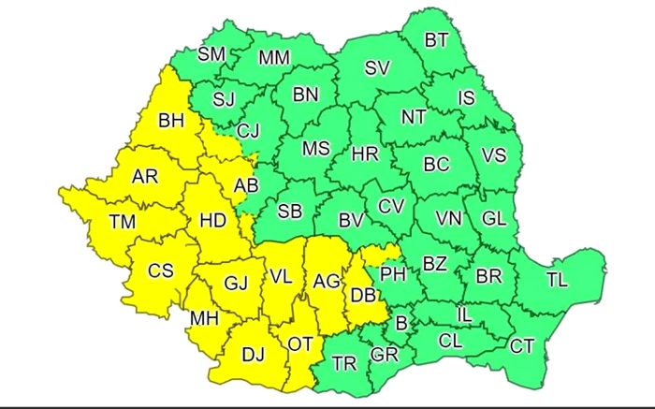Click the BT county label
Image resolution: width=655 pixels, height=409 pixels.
click(x=436, y=40)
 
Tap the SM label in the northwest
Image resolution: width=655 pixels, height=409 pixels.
click(x=211, y=54)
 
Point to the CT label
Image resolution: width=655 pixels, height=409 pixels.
click(x=522, y=346)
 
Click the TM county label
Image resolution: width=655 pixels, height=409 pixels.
click(x=122, y=222)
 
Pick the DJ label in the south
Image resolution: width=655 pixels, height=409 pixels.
click(x=253, y=355)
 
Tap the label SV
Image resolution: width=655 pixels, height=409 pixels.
click(x=376, y=67)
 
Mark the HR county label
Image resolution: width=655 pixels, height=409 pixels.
click(x=364, y=155)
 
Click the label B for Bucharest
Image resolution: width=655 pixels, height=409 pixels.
click(x=402, y=324)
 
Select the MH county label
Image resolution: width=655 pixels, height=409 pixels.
click(x=204, y=318)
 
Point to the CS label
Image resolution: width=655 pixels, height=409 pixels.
click(x=161, y=270)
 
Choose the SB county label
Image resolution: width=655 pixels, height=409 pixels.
click(x=290, y=211)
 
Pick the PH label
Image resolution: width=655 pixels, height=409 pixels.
click(x=392, y=273)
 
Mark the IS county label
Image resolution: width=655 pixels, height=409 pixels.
click(x=466, y=97)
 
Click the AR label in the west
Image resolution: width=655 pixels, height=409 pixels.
click(x=145, y=177)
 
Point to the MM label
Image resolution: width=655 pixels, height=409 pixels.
click(x=274, y=58)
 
